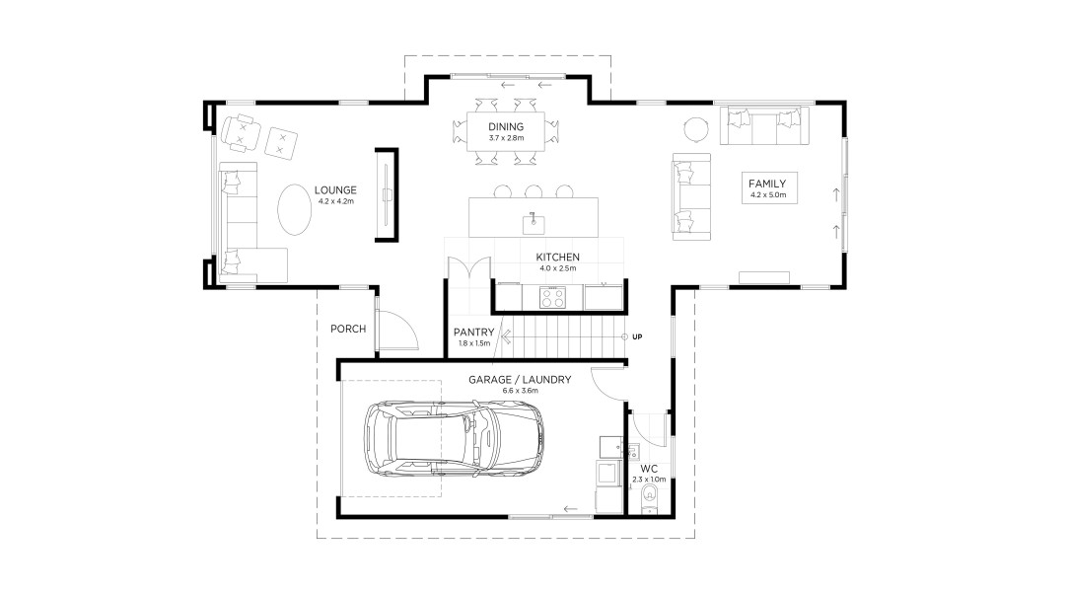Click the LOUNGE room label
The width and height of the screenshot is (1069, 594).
335,190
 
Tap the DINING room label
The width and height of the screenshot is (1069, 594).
505,126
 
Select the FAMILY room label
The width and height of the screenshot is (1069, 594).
766,184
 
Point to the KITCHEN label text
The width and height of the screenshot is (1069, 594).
558,258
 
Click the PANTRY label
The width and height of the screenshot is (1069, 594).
472,332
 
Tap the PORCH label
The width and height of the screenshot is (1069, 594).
348,329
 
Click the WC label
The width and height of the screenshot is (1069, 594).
648,468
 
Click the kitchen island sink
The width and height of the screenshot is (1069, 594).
533,219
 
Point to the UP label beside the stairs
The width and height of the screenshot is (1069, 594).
637,337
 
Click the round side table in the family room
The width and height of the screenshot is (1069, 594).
696,129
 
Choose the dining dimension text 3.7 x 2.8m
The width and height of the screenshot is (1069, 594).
505,138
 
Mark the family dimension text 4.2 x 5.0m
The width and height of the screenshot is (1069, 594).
766,195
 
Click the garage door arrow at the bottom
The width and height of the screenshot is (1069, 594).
570,509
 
